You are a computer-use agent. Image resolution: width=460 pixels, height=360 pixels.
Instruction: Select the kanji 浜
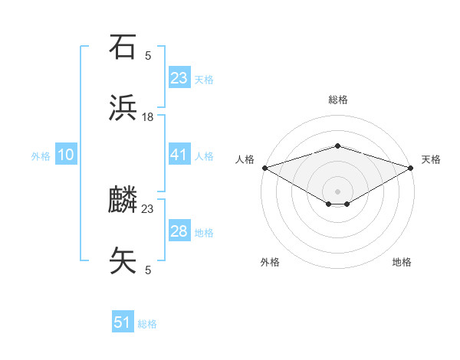(x=123, y=110)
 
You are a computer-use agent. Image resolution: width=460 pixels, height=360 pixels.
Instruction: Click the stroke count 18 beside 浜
(x=148, y=117)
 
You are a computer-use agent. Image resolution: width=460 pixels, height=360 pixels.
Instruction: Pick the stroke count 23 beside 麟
(x=148, y=208)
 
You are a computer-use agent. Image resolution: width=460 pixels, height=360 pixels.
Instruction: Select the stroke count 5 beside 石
(x=148, y=55)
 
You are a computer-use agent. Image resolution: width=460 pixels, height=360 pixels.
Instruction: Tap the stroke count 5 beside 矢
(x=148, y=270)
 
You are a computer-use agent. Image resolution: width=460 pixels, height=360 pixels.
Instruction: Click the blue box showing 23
(x=179, y=77)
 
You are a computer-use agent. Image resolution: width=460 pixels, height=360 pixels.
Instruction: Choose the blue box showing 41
(x=179, y=155)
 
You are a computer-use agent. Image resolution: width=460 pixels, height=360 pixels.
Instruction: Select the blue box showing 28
(x=179, y=231)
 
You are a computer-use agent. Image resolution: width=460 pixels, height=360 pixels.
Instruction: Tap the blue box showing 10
(x=66, y=155)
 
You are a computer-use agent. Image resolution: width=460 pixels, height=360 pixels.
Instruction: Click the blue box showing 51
(x=123, y=322)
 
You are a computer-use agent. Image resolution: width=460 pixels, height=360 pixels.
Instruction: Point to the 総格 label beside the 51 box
(x=147, y=324)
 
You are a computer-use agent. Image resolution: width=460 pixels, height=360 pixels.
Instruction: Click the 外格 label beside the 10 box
(x=41, y=155)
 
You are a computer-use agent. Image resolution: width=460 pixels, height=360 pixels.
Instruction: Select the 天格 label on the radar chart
(x=431, y=159)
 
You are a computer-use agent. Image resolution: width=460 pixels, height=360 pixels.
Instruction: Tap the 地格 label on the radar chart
(x=402, y=262)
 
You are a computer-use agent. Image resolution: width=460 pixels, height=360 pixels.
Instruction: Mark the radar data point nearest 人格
(x=264, y=168)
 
